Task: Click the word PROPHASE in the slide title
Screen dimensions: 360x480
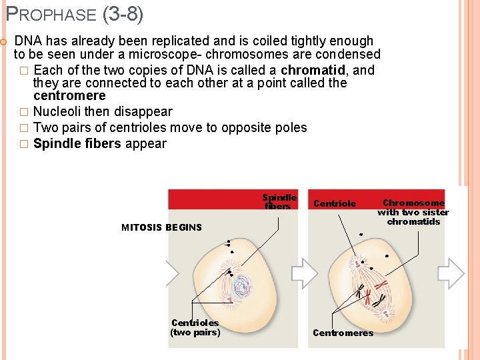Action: click(51, 13)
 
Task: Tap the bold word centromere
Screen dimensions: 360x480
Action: click(69, 96)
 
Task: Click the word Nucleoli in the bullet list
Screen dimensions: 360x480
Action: click(57, 111)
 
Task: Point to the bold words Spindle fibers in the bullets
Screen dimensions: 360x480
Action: click(77, 143)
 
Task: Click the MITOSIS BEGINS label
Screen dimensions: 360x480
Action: click(161, 227)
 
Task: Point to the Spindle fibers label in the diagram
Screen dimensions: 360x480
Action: click(279, 202)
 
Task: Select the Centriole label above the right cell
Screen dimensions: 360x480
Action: click(335, 203)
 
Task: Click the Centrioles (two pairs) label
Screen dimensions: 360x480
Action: click(195, 327)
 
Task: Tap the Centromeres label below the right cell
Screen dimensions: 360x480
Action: click(343, 333)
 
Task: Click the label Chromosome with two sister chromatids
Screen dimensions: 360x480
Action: click(413, 212)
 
